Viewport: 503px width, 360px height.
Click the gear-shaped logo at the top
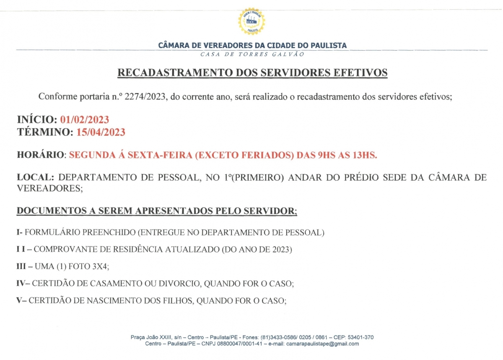coord(251,21)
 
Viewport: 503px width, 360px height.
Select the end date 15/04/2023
coord(101,132)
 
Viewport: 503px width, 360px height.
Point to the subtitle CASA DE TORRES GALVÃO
coord(252,54)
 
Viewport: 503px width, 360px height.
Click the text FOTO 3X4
coord(88,267)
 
